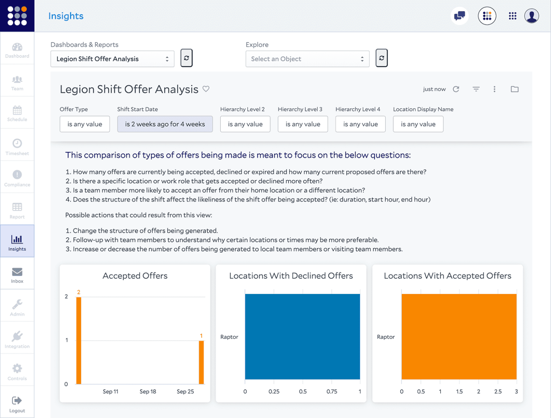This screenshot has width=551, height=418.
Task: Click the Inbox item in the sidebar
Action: [x=17, y=274]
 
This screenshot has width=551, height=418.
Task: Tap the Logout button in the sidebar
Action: [x=17, y=403]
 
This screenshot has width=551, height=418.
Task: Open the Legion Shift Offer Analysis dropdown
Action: [x=112, y=59]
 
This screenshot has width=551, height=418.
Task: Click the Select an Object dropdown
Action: [x=307, y=59]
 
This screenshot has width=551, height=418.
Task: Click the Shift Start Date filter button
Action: [x=165, y=124]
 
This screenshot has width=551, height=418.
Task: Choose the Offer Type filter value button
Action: [x=85, y=124]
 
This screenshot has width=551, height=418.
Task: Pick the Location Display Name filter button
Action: [x=418, y=124]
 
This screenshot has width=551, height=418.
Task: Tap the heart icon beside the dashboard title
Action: [x=206, y=89]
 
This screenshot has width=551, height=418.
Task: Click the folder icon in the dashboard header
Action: [x=514, y=89]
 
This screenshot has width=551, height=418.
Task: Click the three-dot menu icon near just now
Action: [x=494, y=89]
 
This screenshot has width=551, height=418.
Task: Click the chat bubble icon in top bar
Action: [x=459, y=16]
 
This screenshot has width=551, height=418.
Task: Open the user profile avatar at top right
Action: [x=531, y=16]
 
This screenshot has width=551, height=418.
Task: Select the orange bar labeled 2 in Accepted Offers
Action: [x=79, y=340]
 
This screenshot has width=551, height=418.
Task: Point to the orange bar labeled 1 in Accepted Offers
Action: [x=201, y=362]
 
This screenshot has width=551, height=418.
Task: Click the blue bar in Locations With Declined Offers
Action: [x=302, y=337]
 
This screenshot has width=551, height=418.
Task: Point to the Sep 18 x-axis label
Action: [x=148, y=392]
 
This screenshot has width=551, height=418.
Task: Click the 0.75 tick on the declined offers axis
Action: [x=332, y=392]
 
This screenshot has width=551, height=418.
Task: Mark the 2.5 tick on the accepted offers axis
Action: [x=498, y=392]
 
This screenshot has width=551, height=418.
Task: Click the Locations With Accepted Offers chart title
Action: [x=447, y=276]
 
